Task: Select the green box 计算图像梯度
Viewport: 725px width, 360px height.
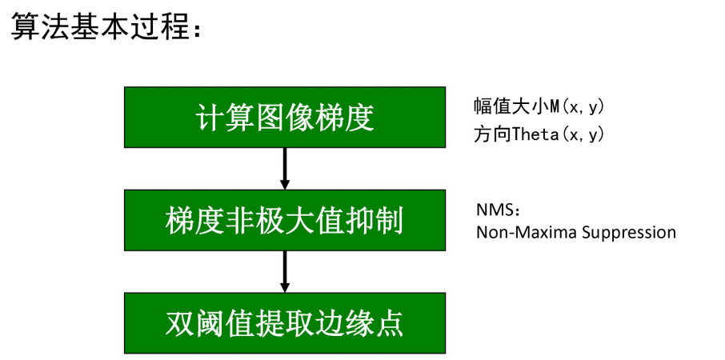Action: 284,117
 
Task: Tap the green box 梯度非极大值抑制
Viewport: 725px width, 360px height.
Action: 284,220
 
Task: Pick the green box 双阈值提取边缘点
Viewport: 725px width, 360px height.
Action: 284,323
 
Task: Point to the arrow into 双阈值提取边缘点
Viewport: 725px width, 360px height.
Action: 284,271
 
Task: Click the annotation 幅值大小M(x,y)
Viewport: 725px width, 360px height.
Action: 543,106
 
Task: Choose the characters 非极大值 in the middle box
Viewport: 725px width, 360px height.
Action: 284,221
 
